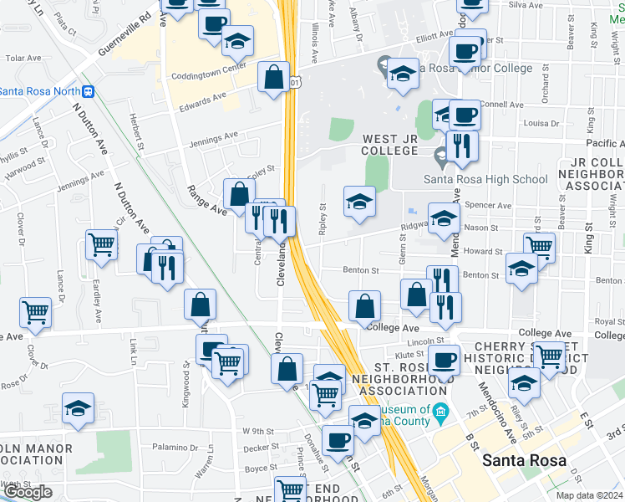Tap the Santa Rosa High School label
(485, 179)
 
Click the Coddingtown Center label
(208, 67)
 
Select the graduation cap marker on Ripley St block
(359, 202)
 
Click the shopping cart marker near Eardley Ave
(101, 245)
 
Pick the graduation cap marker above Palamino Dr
(78, 408)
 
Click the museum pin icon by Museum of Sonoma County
(442, 410)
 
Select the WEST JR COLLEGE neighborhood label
(389, 144)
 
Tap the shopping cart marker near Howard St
(539, 247)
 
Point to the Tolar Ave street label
(24, 59)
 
